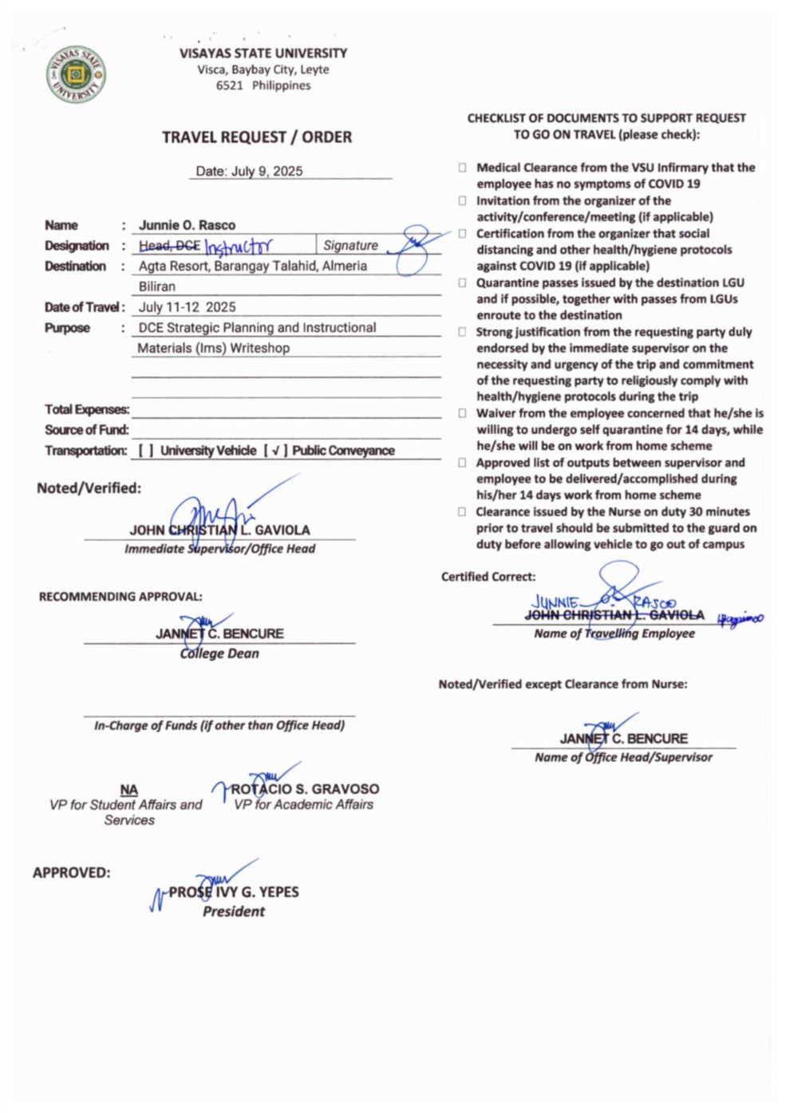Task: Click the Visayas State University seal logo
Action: click(x=76, y=74)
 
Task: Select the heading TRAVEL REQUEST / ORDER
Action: click(x=257, y=137)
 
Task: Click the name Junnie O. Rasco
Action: click(x=187, y=225)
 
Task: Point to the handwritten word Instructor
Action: click(x=238, y=246)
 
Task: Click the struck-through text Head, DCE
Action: click(x=169, y=246)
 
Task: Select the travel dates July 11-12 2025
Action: click(x=187, y=307)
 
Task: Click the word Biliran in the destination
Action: click(x=157, y=286)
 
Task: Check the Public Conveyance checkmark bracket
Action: click(x=275, y=451)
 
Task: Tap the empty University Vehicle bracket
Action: click(x=146, y=451)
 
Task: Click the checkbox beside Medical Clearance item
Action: click(x=462, y=168)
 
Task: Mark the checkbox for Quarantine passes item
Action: click(x=462, y=283)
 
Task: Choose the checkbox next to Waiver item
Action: click(x=462, y=413)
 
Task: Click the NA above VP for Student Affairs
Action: click(x=128, y=790)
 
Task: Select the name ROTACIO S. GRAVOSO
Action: click(x=305, y=789)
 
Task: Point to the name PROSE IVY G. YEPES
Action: click(x=233, y=892)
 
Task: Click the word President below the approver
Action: click(x=233, y=912)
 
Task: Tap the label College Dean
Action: click(x=219, y=653)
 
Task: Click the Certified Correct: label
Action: click(x=488, y=577)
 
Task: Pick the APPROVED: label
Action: click(x=72, y=873)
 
